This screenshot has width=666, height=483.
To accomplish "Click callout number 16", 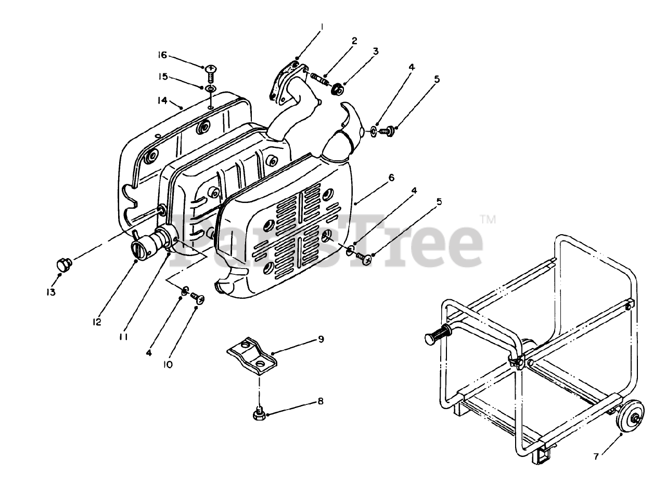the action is click(162, 55).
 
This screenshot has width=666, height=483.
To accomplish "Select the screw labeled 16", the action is click(211, 71).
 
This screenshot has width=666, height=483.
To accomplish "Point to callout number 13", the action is click(50, 293).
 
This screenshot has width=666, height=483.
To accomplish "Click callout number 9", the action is click(321, 339).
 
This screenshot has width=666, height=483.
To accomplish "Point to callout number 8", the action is click(321, 401).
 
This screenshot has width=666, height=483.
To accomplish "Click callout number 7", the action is click(597, 456).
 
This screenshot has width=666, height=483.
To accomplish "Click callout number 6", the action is click(391, 178).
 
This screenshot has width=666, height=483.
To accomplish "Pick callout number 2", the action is click(354, 40).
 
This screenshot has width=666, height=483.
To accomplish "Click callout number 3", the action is click(375, 51).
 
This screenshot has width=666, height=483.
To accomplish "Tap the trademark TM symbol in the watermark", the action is click(488, 220).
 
